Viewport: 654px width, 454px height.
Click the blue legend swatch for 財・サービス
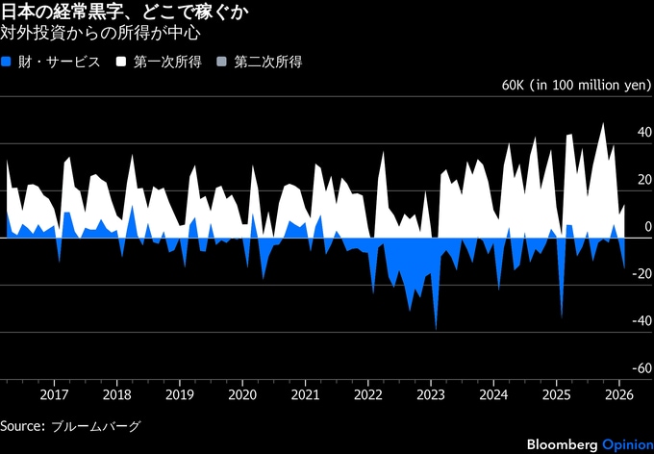(x=9, y=63)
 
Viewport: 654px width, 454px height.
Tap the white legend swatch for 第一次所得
(x=122, y=63)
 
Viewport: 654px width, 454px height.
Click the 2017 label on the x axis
(x=55, y=393)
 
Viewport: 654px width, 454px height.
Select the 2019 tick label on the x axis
(x=180, y=393)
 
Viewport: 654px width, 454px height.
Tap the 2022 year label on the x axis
(x=367, y=393)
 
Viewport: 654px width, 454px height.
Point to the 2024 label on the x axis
(x=493, y=393)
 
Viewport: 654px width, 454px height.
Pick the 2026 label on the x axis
(x=618, y=393)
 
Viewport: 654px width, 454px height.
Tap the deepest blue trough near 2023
(x=436, y=329)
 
